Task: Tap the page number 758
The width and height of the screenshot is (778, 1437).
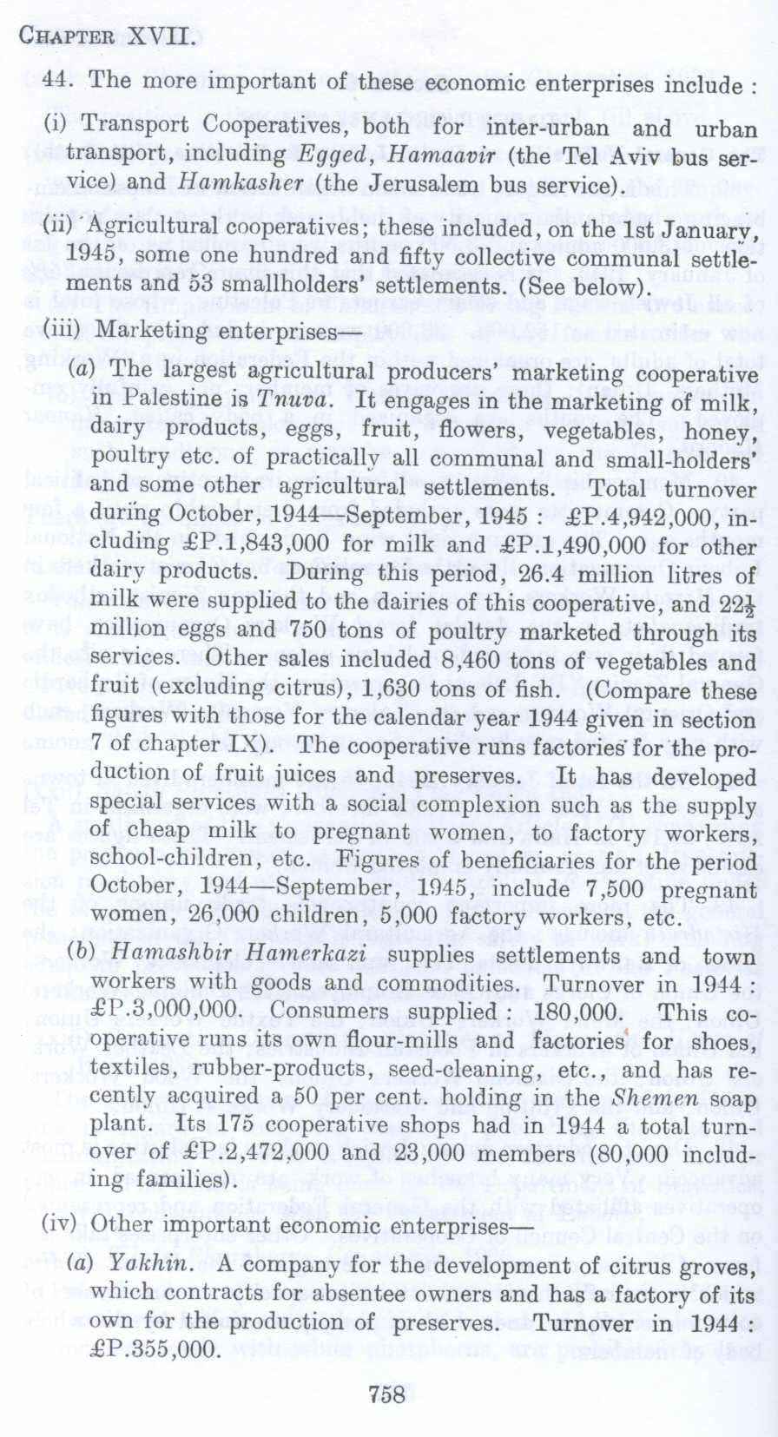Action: [x=387, y=1394]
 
